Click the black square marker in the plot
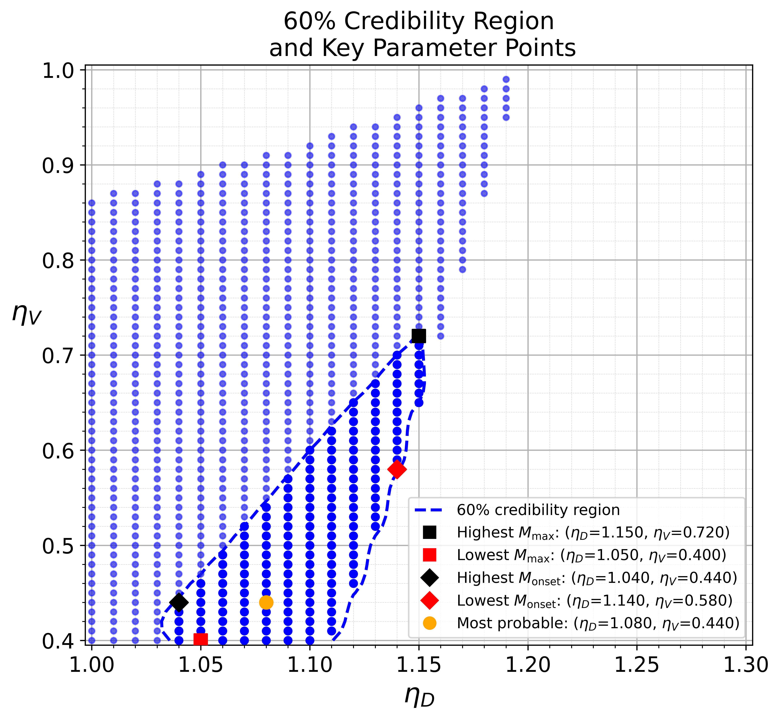(x=419, y=336)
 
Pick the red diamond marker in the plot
(x=397, y=469)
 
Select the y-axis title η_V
(x=26, y=314)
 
